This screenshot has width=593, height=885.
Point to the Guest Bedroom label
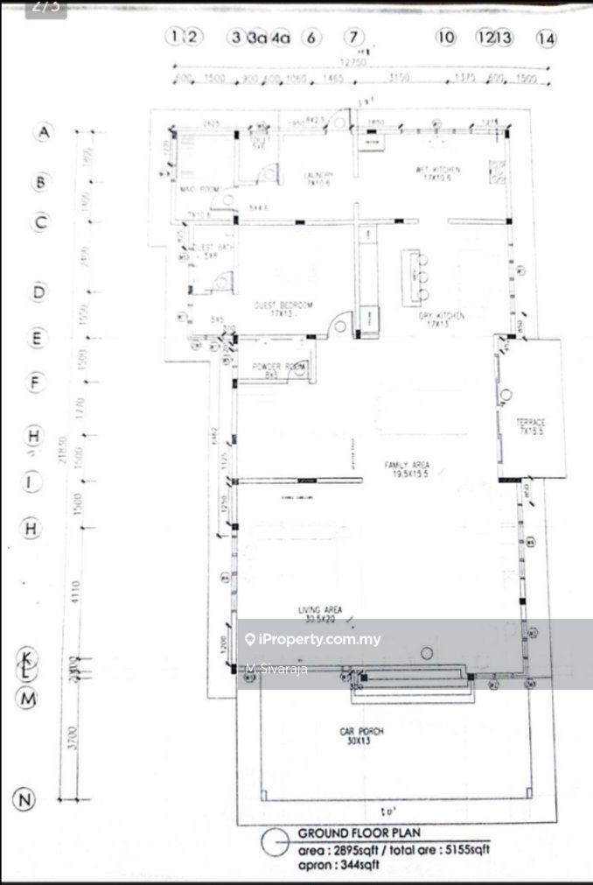tap(283, 306)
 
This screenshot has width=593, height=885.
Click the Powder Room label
tap(277, 367)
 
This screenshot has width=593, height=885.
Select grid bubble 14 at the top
tap(546, 38)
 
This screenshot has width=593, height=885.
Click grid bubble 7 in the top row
tap(352, 37)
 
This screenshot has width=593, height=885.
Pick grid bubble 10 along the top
tap(446, 37)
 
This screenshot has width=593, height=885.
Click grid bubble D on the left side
tap(38, 292)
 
